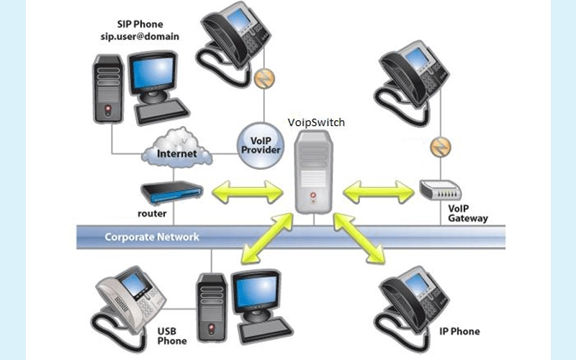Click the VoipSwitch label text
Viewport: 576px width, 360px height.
(x=316, y=122)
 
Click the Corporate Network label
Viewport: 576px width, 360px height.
(x=152, y=236)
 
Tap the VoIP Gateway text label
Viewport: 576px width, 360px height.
(x=468, y=213)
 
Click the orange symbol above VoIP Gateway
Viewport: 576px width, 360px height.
(x=438, y=148)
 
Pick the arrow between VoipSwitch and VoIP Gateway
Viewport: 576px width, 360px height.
(x=379, y=192)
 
